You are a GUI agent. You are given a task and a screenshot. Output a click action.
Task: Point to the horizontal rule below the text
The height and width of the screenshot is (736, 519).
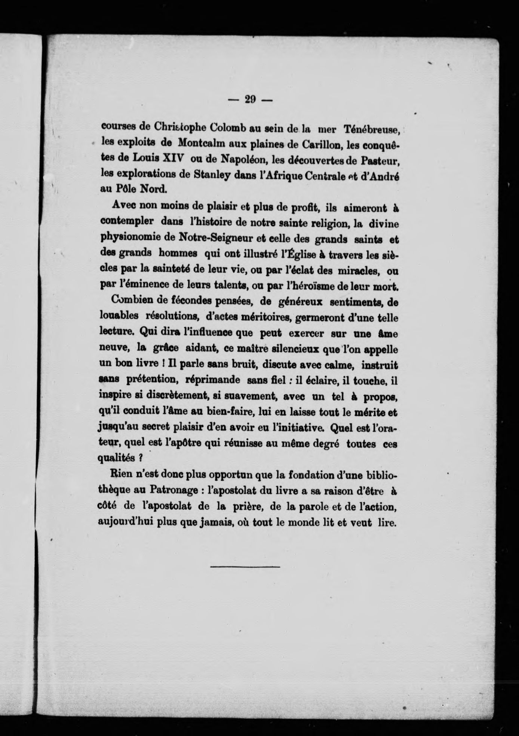[245, 568]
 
